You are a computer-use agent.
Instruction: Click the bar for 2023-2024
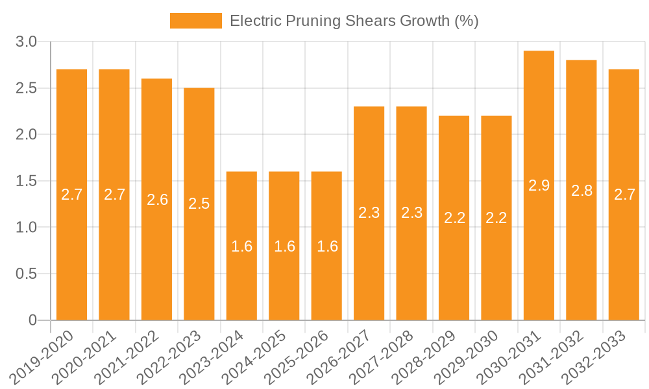tap(241, 246)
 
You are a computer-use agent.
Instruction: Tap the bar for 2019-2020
tap(71, 194)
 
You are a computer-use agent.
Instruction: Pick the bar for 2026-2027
tap(369, 213)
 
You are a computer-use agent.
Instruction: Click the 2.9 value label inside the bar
tap(539, 185)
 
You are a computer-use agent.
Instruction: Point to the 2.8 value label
tap(582, 191)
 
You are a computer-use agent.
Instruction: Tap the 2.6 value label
tap(157, 200)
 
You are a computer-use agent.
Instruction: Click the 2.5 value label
tap(199, 204)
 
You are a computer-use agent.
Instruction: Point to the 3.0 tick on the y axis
tap(26, 42)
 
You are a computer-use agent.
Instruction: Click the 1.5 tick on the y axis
tap(26, 181)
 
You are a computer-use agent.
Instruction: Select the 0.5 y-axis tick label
tap(26, 274)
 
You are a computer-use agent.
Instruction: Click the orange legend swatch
tap(195, 21)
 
